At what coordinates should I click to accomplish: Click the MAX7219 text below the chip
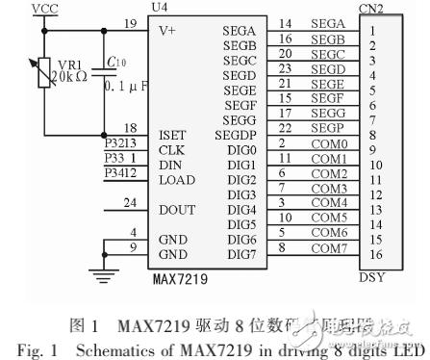pyautogui.click(x=179, y=279)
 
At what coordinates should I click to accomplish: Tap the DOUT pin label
pyautogui.click(x=175, y=209)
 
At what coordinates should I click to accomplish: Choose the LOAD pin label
pyautogui.click(x=175, y=179)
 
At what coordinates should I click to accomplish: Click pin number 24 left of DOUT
pyautogui.click(x=130, y=202)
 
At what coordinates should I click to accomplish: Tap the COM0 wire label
pyautogui.click(x=329, y=143)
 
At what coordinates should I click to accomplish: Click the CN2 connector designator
pyautogui.click(x=371, y=9)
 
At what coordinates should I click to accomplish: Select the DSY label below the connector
pyautogui.click(x=371, y=279)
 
